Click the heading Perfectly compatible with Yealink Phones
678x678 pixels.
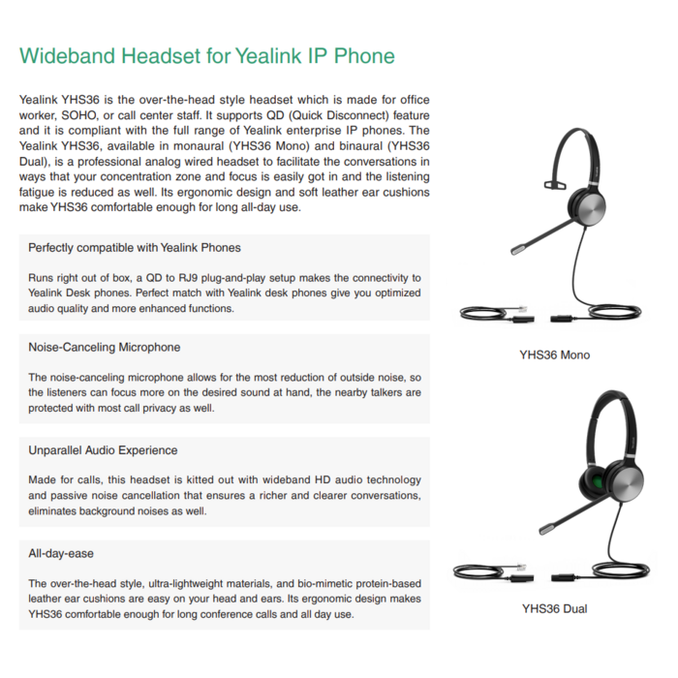click(x=135, y=248)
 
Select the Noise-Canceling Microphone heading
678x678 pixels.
click(x=105, y=347)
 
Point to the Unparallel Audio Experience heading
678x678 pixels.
click(x=103, y=450)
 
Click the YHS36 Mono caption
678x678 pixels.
click(x=554, y=354)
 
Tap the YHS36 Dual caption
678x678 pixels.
click(x=554, y=609)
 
